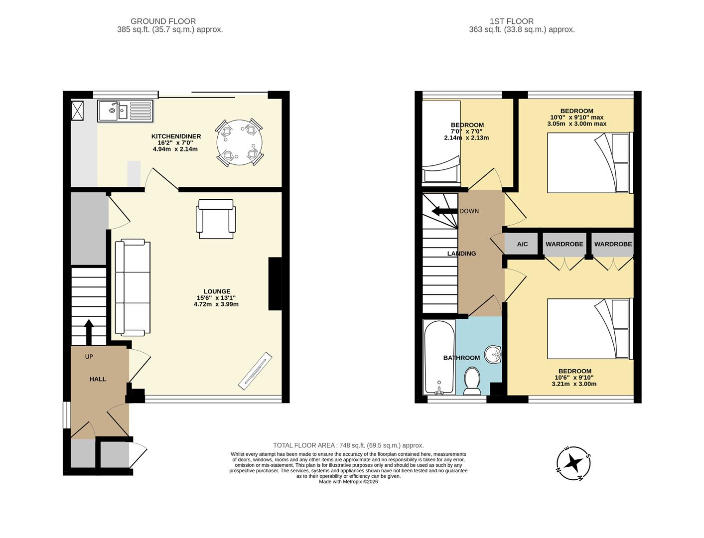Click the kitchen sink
[x=126, y=111]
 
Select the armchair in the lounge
[x=216, y=219]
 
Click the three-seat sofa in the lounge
[x=133, y=287]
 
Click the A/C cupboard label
[x=522, y=244]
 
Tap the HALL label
[x=98, y=379]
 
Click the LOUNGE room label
[x=217, y=291]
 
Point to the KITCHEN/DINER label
[x=176, y=136]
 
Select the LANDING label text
[x=461, y=254]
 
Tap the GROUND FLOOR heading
[x=163, y=21]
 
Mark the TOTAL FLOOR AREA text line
[x=348, y=445]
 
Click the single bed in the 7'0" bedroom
[x=441, y=142]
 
